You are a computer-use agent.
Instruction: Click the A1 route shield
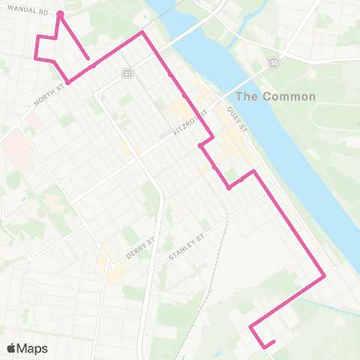[x=128, y=74]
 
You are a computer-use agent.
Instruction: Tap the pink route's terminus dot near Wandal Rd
[x=60, y=13]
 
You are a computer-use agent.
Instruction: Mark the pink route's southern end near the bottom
[x=274, y=342]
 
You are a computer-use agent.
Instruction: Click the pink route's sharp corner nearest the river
[x=324, y=276]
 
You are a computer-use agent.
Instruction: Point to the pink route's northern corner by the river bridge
[x=142, y=33]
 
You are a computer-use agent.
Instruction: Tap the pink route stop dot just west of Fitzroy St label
[x=199, y=145]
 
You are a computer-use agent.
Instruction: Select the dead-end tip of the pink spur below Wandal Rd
[x=88, y=58]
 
